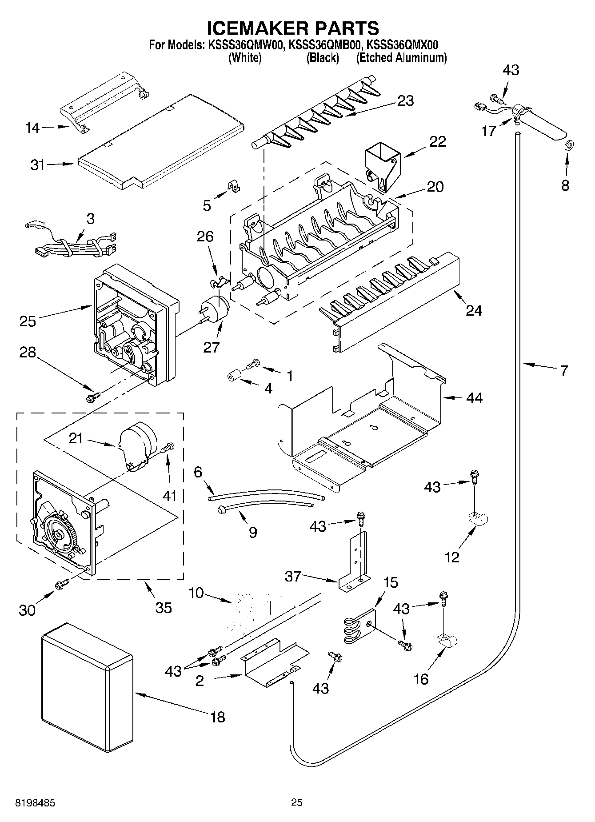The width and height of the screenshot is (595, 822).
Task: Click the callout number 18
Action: coord(218,717)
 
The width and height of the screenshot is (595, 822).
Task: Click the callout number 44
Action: coord(474,398)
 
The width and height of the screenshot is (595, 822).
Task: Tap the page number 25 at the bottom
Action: coord(297,802)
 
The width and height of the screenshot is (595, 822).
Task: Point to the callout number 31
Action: coord(38,165)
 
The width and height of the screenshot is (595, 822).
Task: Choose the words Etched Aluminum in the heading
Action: coord(401,58)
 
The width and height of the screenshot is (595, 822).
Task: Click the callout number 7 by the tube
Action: coord(564,370)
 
